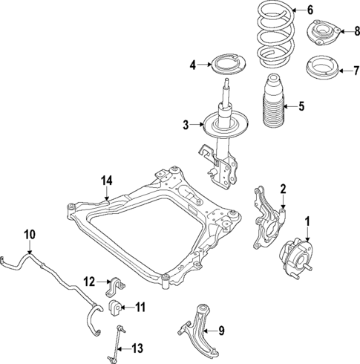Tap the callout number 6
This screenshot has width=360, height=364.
311,10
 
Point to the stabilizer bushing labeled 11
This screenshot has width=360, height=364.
117,308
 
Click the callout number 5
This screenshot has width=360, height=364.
301,106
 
